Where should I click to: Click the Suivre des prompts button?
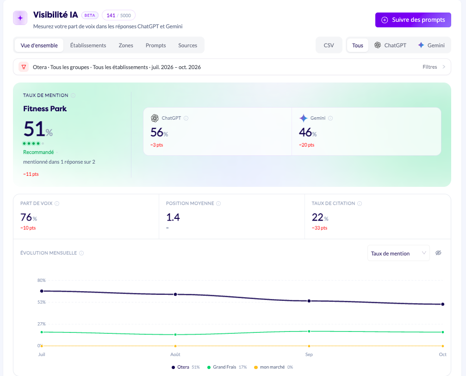coord(413,20)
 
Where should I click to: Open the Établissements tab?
coord(88,45)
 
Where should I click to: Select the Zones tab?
coord(126,45)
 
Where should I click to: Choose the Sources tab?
coord(187,45)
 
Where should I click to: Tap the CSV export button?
coord(329,45)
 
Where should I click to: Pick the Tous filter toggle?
coord(358,45)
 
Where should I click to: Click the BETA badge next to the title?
coord(90,15)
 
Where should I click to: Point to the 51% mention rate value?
coord(38,129)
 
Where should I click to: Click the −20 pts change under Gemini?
coord(307,145)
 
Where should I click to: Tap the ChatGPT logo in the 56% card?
coord(155,118)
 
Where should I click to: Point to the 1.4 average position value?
coord(173,217)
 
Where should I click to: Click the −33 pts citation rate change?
coord(319,228)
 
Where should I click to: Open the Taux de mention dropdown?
coord(398,253)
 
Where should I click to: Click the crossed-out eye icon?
coord(438,253)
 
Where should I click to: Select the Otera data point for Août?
coord(175,294)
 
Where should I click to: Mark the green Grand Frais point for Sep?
coord(309,331)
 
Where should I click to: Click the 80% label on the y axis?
coord(41,280)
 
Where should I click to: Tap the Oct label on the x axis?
coord(442,354)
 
